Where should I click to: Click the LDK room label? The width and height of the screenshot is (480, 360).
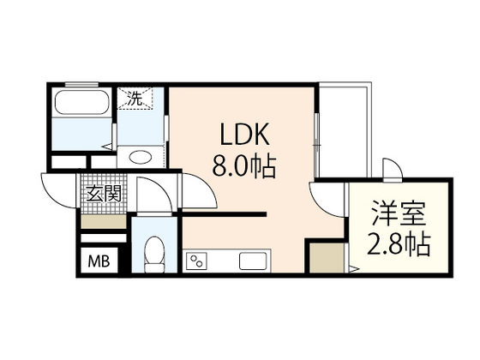[x=245, y=134]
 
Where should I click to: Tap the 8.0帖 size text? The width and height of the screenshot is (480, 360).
[x=244, y=166]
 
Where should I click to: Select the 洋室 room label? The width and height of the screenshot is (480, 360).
[x=399, y=213]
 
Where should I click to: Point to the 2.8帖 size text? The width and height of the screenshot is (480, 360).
[x=399, y=244]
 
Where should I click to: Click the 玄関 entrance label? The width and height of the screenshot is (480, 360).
[x=104, y=193]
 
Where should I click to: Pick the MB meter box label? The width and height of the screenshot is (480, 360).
[x=99, y=261]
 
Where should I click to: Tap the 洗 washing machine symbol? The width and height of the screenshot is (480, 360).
[x=135, y=99]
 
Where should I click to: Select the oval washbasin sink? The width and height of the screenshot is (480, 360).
[x=141, y=158]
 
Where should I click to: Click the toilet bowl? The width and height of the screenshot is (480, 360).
[x=154, y=254]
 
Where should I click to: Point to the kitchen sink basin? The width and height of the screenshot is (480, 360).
[x=253, y=261]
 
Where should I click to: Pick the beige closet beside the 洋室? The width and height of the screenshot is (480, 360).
[x=327, y=258]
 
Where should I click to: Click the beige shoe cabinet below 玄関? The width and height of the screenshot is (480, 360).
[x=104, y=221]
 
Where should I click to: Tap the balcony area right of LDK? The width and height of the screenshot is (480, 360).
[x=344, y=130]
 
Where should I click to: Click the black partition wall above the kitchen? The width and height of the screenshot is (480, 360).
[x=225, y=214]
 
